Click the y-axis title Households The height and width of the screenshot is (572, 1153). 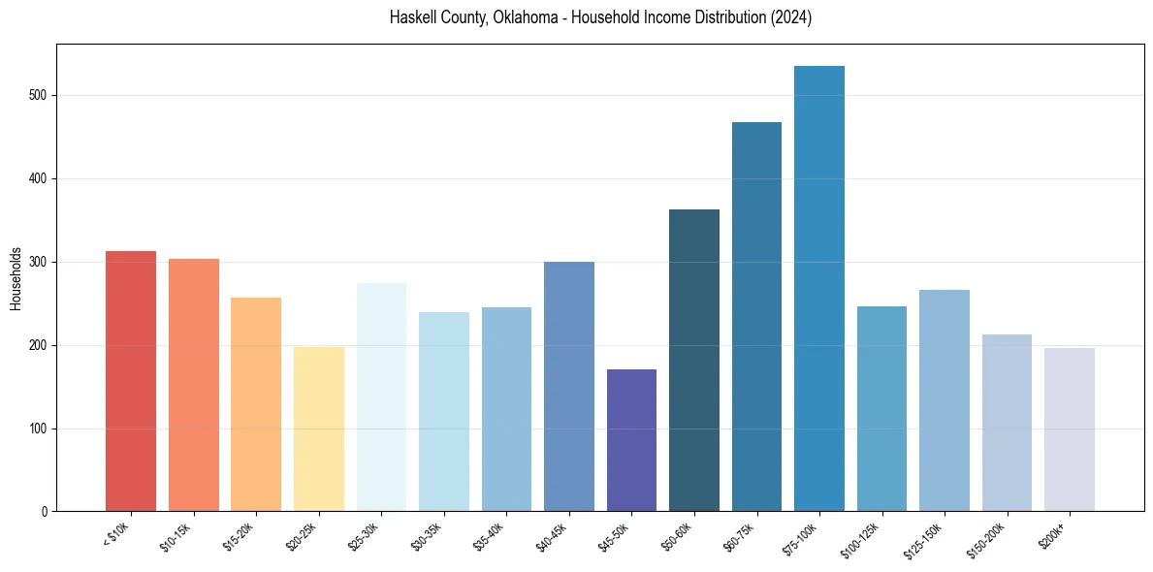[16, 278]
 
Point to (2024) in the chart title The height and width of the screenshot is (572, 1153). [789, 17]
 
